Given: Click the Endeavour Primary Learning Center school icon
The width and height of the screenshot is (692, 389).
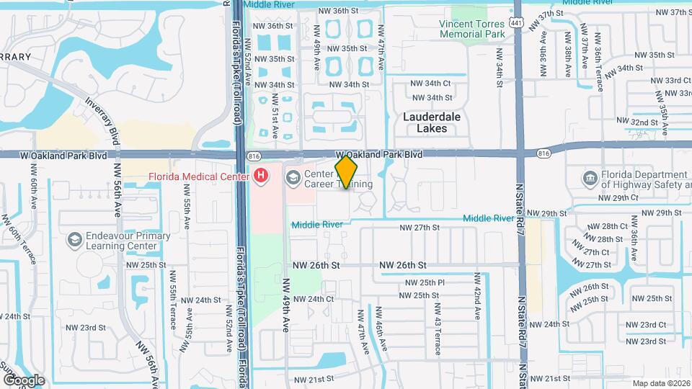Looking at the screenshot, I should click(74, 238).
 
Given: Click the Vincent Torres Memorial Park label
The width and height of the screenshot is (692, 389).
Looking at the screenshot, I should click(472, 29).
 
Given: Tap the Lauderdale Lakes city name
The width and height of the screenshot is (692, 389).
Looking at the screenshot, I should click(432, 122).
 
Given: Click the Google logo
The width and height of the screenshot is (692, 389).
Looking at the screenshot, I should click(24, 380).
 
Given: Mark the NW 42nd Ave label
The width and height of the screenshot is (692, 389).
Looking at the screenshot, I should click(477, 295).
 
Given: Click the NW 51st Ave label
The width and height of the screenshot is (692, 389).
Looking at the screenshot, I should click(275, 119).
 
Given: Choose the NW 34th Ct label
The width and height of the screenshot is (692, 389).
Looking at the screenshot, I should click(430, 84).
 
